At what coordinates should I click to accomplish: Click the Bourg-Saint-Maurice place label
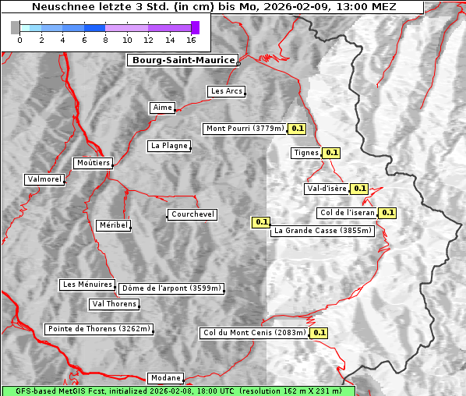182,60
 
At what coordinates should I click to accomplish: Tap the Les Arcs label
227,91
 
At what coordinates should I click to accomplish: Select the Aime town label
163,108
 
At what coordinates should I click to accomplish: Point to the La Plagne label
169,146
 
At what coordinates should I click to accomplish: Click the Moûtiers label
93,163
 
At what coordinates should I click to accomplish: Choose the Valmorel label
44,179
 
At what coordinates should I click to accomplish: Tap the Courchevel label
192,214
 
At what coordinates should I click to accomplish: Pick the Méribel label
114,225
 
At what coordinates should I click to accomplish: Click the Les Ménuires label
86,285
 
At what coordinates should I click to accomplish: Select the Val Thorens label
115,304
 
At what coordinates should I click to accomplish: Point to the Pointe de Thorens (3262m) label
99,329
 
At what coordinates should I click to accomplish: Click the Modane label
165,377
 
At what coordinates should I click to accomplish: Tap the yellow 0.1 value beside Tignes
332,154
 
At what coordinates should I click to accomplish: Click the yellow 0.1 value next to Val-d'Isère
359,189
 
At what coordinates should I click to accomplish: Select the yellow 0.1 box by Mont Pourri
298,129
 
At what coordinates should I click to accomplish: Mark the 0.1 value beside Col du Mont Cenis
319,333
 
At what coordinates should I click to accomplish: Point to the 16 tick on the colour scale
192,40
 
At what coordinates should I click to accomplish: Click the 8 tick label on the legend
105,40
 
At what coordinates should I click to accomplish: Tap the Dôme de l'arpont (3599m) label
171,288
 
